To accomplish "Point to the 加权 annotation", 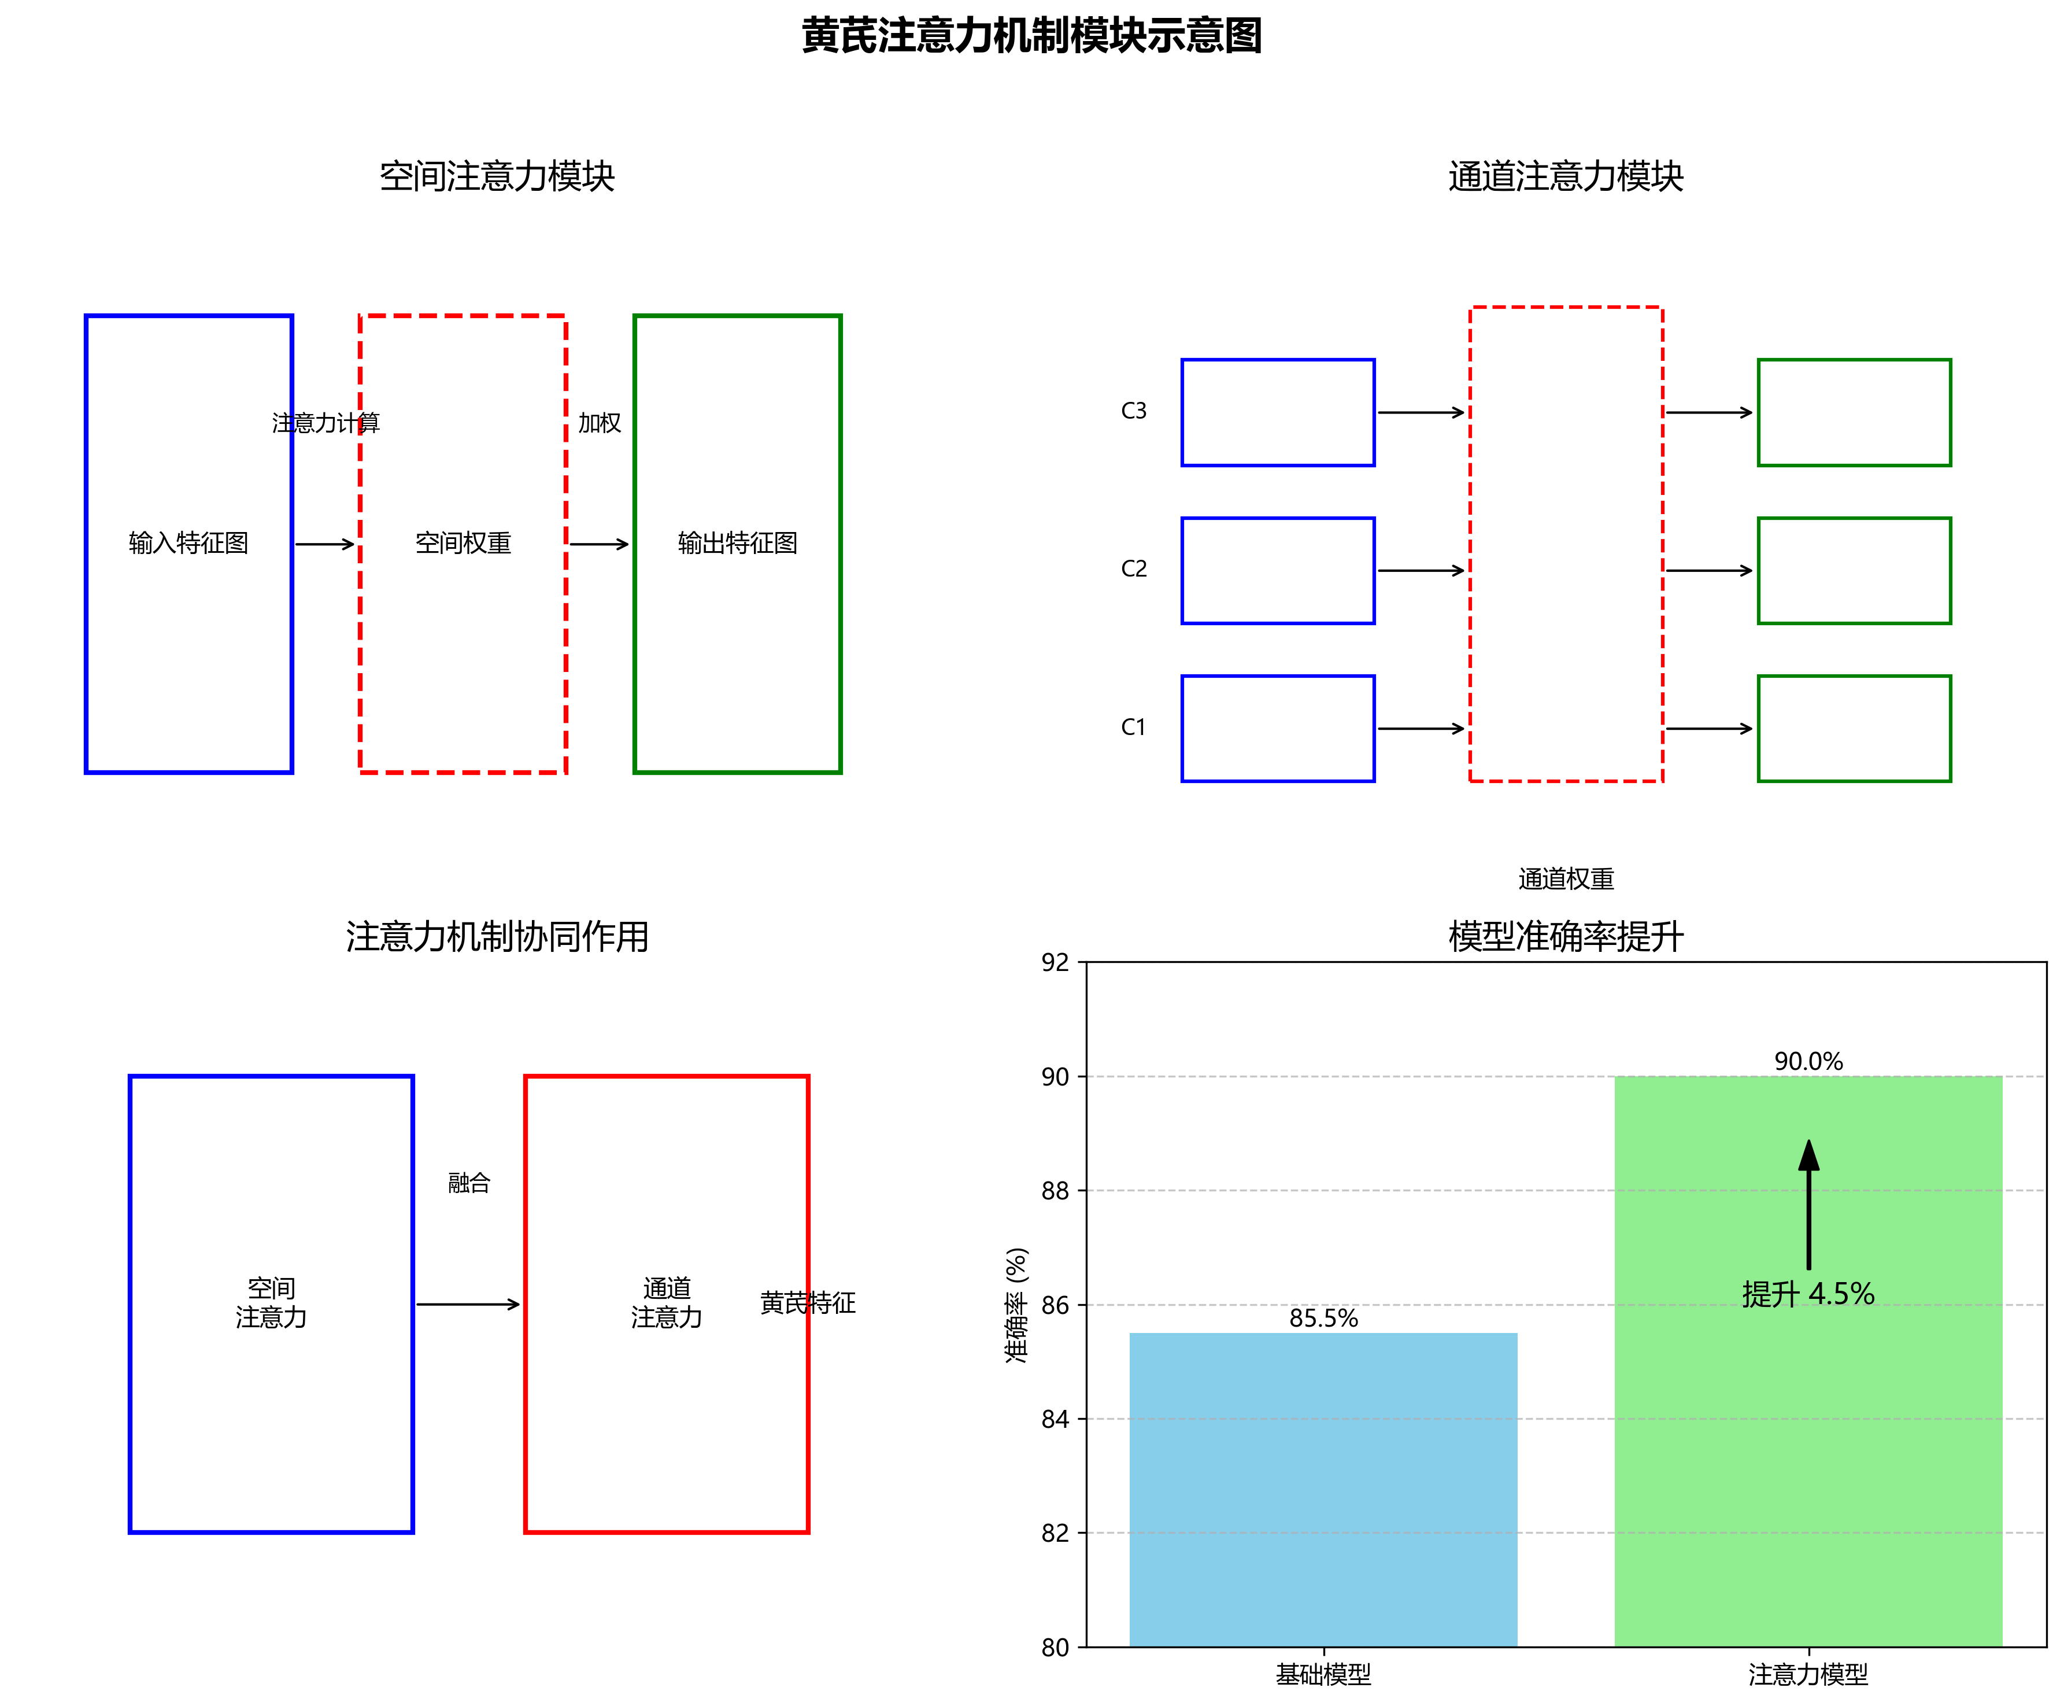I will click(x=600, y=423).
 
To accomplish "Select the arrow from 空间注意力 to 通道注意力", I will click(x=468, y=1304).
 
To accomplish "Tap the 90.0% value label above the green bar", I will click(x=1808, y=1061).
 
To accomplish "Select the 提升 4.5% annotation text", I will click(x=1808, y=1293).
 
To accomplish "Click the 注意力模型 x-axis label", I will click(x=1808, y=1675).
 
